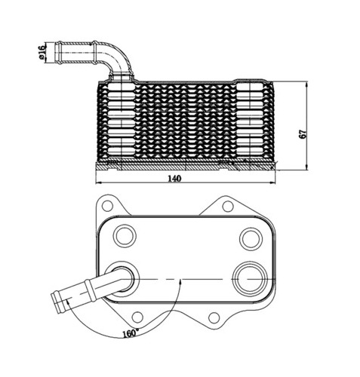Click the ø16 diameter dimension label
[x=42, y=51]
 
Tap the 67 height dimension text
[x=303, y=134]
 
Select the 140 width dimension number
[x=174, y=179]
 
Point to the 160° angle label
[x=131, y=333]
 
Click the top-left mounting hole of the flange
[x=107, y=206]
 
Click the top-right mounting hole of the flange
[x=228, y=207]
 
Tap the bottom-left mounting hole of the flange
[x=137, y=317]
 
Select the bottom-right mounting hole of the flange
[x=214, y=317]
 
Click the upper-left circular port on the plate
[x=125, y=236]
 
